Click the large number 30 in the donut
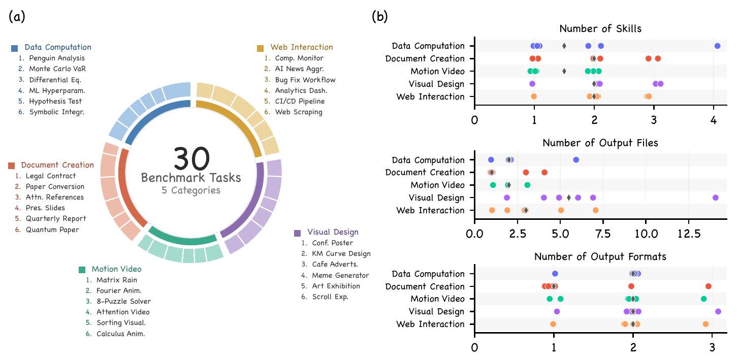point(191,159)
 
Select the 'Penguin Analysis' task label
point(56,58)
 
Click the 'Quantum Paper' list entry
point(52,230)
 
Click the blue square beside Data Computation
point(15,48)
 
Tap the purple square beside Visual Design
point(298,233)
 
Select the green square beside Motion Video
point(82,270)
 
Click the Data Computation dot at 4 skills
point(717,46)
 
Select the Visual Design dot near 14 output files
point(715,198)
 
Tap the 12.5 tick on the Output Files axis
point(688,235)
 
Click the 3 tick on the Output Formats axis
point(712,349)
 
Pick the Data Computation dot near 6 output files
point(576,160)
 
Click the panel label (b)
point(380,17)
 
